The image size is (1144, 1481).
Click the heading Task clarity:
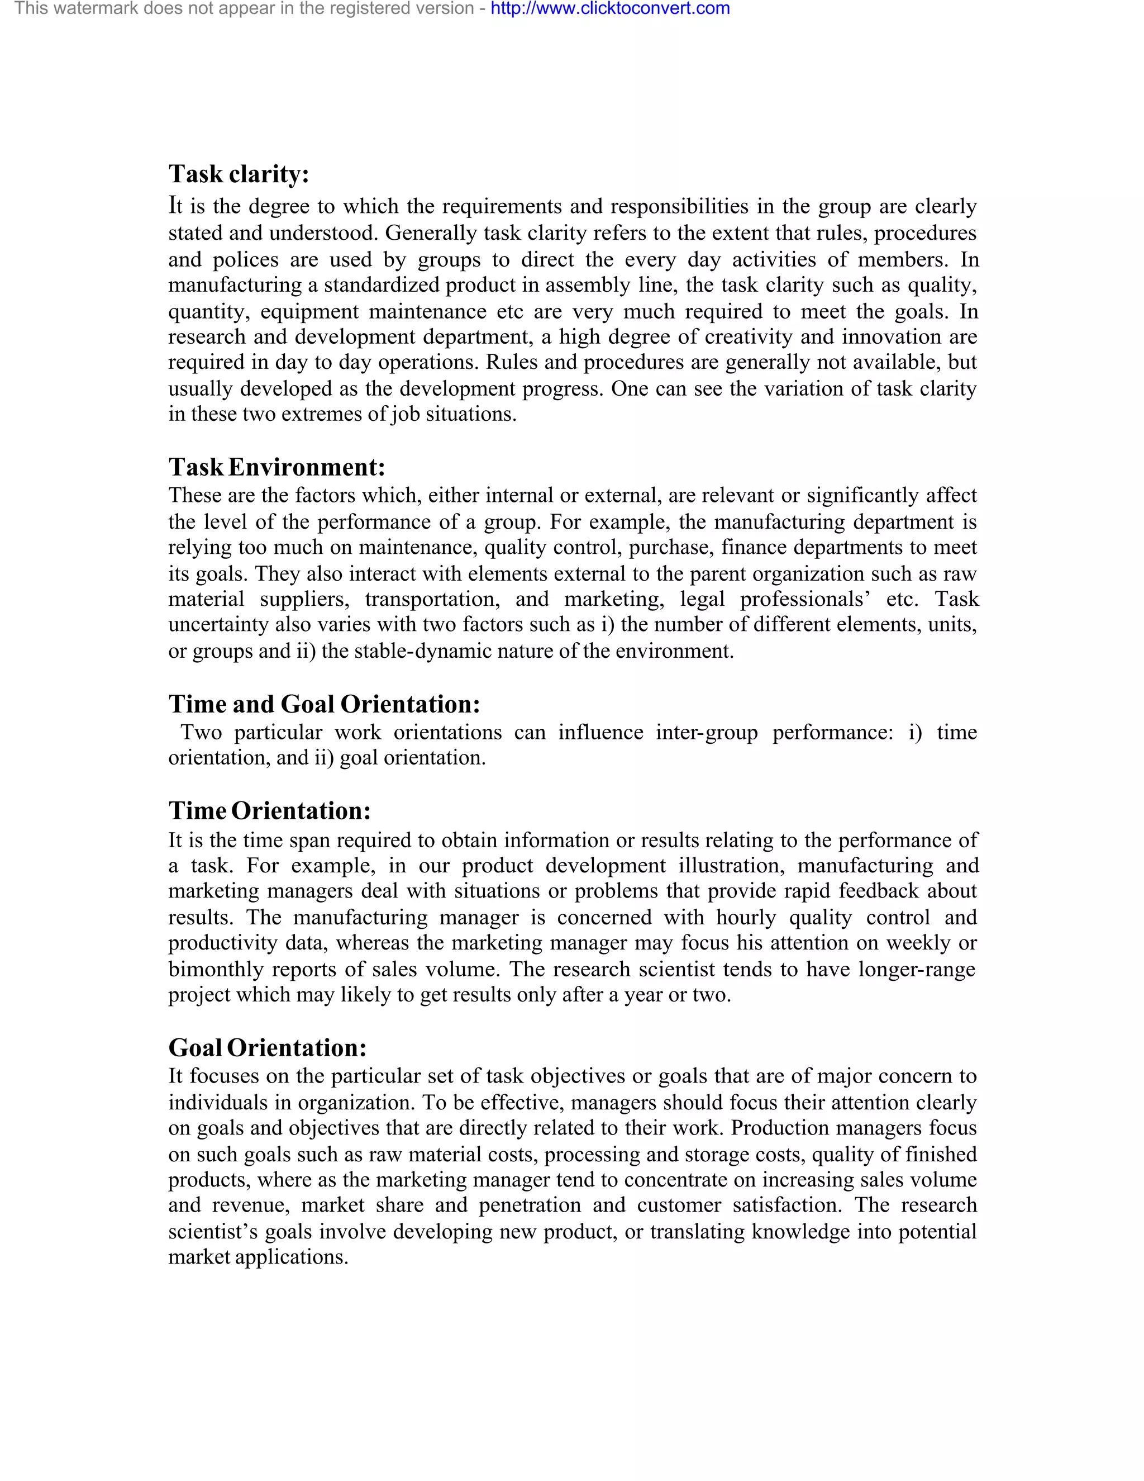pos(239,174)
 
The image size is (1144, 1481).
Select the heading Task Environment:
pos(277,467)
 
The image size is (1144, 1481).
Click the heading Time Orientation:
pos(270,811)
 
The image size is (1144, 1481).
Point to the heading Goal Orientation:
pos(267,1048)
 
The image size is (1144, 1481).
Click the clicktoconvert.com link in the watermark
pos(610,9)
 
